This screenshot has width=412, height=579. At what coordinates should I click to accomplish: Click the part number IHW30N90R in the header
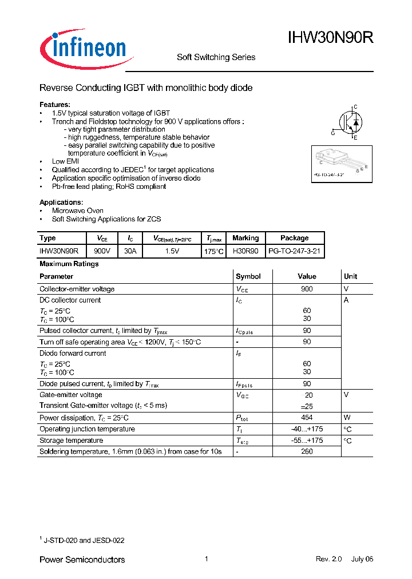(x=330, y=38)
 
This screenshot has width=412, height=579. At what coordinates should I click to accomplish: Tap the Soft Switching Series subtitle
(x=216, y=57)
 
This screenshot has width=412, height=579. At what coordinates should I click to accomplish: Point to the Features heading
(x=55, y=105)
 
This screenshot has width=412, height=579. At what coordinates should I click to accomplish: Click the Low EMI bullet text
(x=66, y=162)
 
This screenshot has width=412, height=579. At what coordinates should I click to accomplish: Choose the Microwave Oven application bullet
(x=77, y=211)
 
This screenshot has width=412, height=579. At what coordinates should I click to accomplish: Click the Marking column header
(x=245, y=238)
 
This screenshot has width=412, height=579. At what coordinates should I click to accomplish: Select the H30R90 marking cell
(x=245, y=251)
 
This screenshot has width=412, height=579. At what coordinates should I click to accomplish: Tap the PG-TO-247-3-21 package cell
(x=295, y=251)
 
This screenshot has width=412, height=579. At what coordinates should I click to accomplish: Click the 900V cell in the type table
(x=102, y=251)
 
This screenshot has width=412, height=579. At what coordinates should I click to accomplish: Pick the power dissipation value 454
(x=307, y=418)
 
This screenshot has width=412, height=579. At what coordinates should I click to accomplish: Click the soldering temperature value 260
(x=307, y=451)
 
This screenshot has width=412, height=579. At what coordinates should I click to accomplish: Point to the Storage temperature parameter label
(x=71, y=441)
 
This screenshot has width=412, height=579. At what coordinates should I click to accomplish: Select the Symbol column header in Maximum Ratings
(x=248, y=276)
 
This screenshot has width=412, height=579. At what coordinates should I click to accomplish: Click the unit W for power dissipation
(x=347, y=418)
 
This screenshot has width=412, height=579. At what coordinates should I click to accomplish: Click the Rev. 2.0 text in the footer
(x=328, y=559)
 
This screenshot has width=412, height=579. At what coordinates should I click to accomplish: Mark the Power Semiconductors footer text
(x=82, y=560)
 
